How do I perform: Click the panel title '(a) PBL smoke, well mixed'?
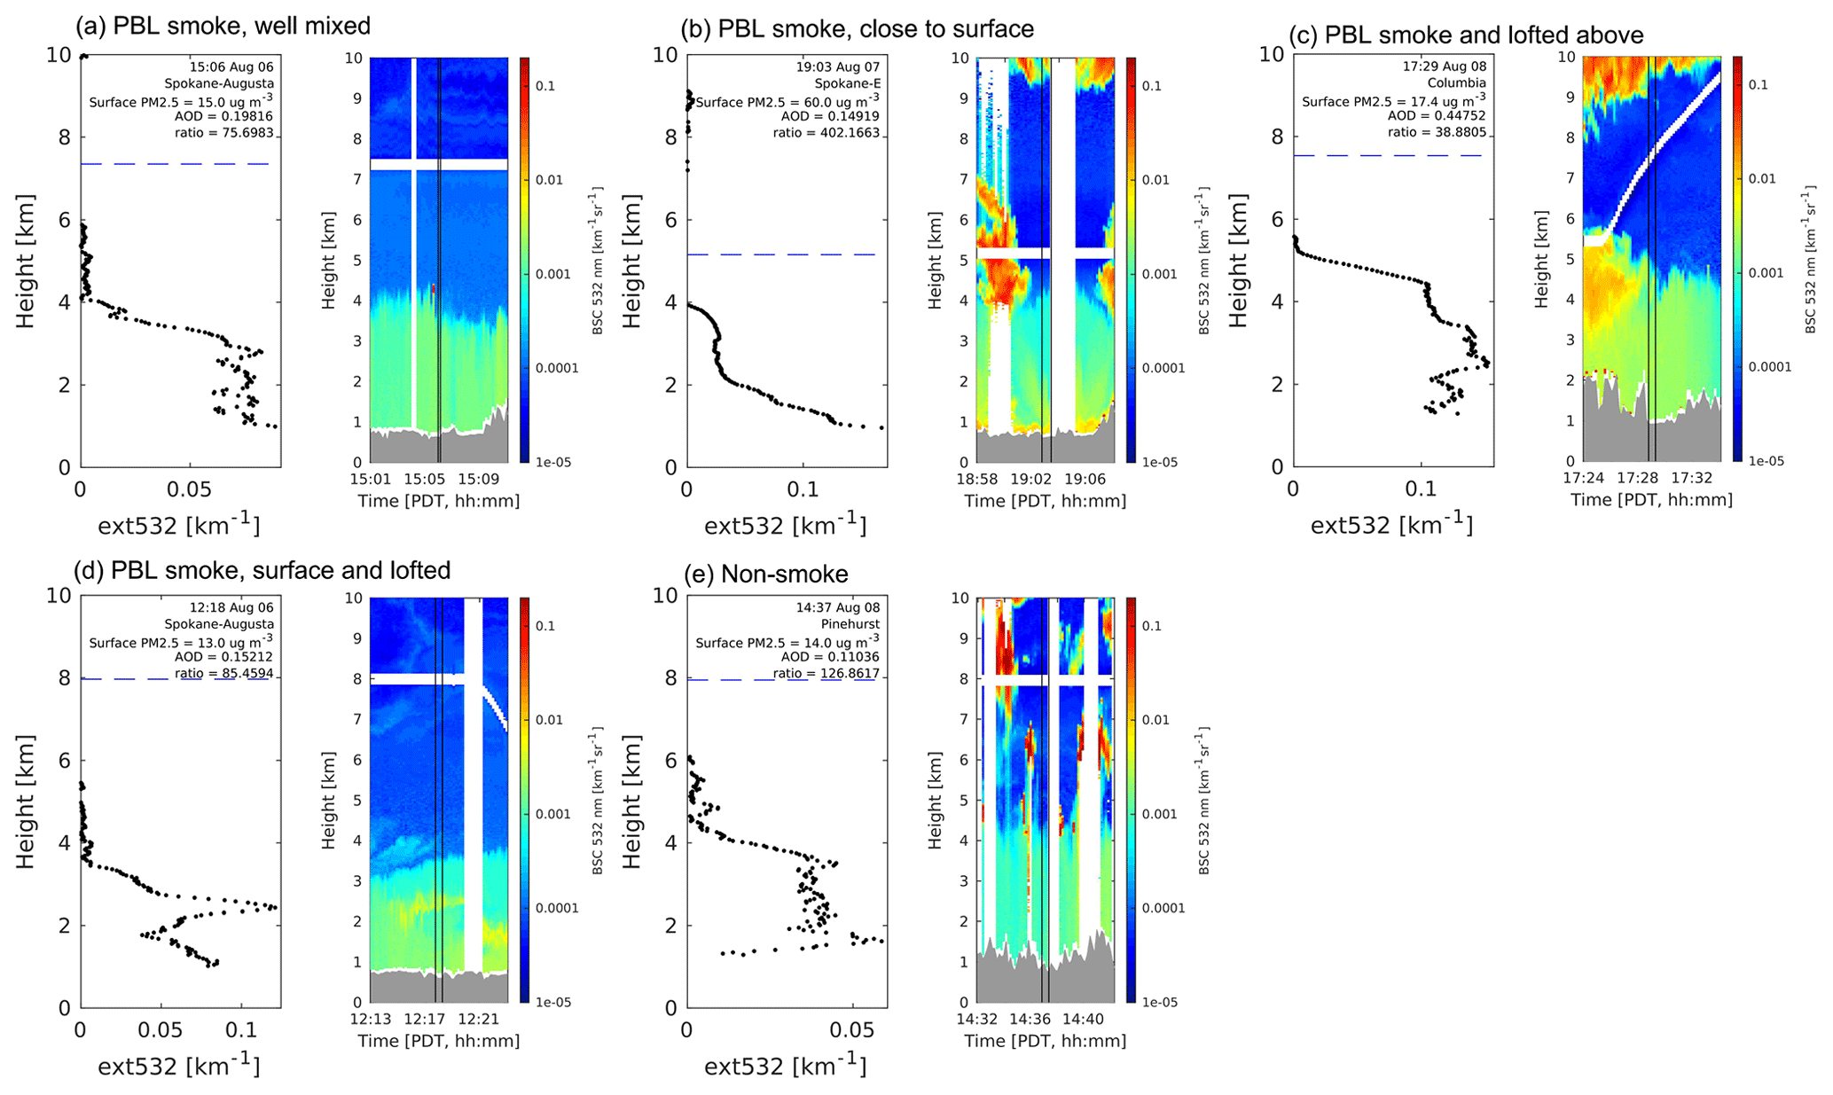tap(223, 27)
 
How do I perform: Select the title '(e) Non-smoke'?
tap(766, 575)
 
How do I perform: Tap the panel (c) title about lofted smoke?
tap(1466, 35)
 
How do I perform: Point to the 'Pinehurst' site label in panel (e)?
tap(853, 624)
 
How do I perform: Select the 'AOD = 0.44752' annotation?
tap(1437, 116)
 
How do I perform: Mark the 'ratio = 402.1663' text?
tap(826, 133)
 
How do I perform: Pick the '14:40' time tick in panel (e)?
tap(1084, 1020)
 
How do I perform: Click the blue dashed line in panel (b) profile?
tap(780, 254)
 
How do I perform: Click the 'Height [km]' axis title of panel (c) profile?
tap(1238, 261)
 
